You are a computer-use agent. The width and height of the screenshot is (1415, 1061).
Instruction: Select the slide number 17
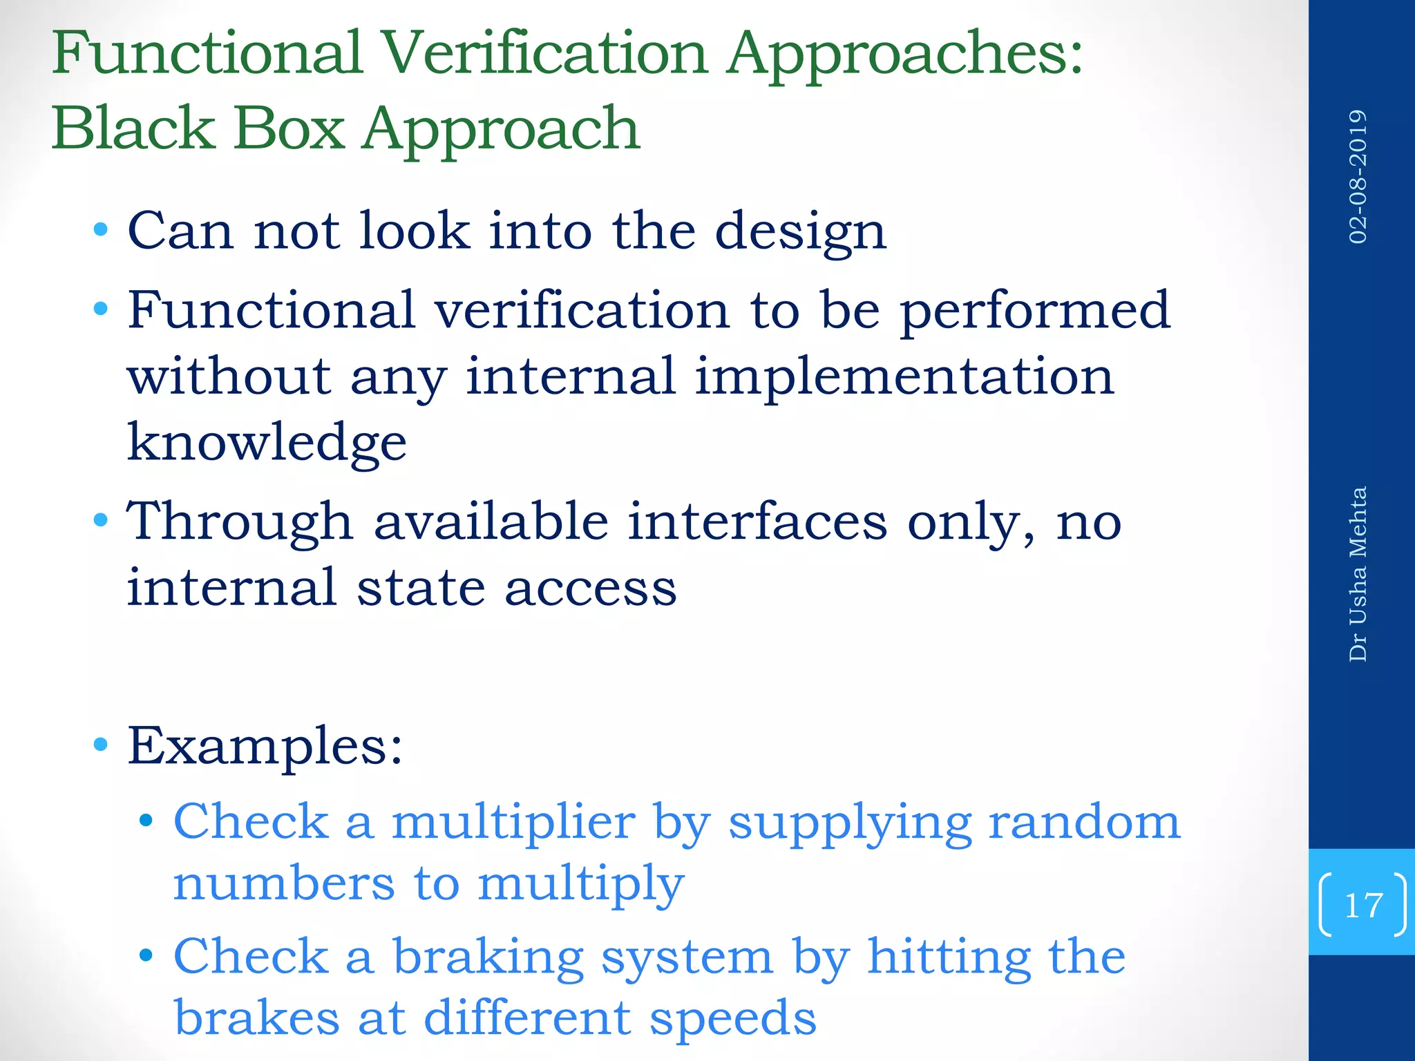pyautogui.click(x=1363, y=905)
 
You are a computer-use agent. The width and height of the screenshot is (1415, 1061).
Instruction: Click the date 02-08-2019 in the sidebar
pyautogui.click(x=1358, y=176)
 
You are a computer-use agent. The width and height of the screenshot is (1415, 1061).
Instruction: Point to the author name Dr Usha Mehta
pyautogui.click(x=1358, y=574)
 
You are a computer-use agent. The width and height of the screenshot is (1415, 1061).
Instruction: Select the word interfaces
pyautogui.click(x=757, y=522)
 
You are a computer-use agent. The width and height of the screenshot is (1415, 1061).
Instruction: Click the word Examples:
pyautogui.click(x=265, y=747)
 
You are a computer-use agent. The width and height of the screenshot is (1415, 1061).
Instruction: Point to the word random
pyautogui.click(x=1084, y=823)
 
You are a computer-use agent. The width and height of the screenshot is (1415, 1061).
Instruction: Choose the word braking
pyautogui.click(x=488, y=959)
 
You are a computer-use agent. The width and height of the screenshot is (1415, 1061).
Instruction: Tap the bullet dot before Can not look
pyautogui.click(x=101, y=229)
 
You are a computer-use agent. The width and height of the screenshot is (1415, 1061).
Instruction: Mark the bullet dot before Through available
pyautogui.click(x=101, y=519)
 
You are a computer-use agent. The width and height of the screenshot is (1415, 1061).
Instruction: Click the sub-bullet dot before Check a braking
pyautogui.click(x=145, y=956)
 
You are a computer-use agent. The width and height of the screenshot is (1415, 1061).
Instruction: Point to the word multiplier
pyautogui.click(x=513, y=823)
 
